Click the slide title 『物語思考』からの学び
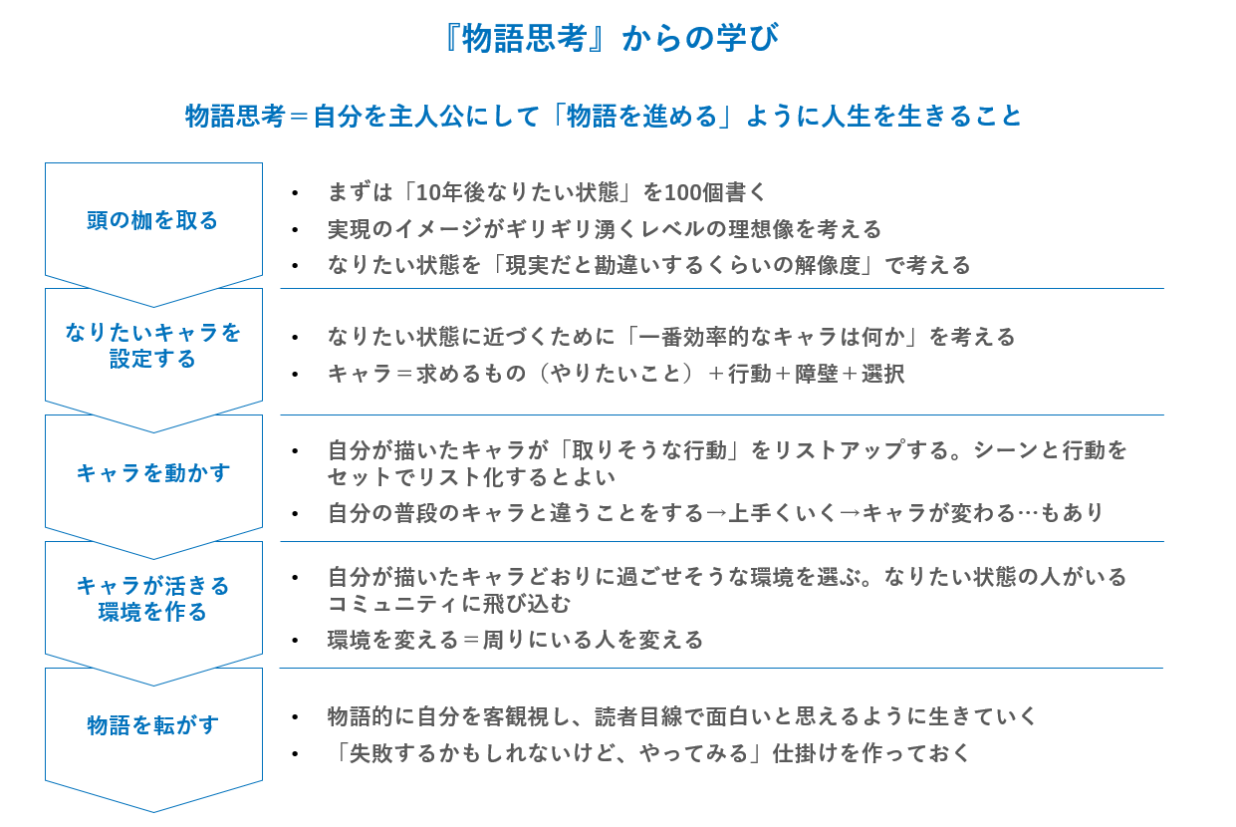click(x=612, y=38)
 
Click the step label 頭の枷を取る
click(x=152, y=220)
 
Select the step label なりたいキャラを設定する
click(x=152, y=346)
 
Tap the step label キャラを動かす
click(x=152, y=473)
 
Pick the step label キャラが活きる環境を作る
click(x=152, y=599)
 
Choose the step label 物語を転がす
click(x=152, y=724)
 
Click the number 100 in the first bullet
click(x=683, y=192)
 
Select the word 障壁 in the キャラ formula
click(x=816, y=375)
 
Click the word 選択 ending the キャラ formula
click(x=882, y=375)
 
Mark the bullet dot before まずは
click(x=295, y=193)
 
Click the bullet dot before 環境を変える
click(x=295, y=641)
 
